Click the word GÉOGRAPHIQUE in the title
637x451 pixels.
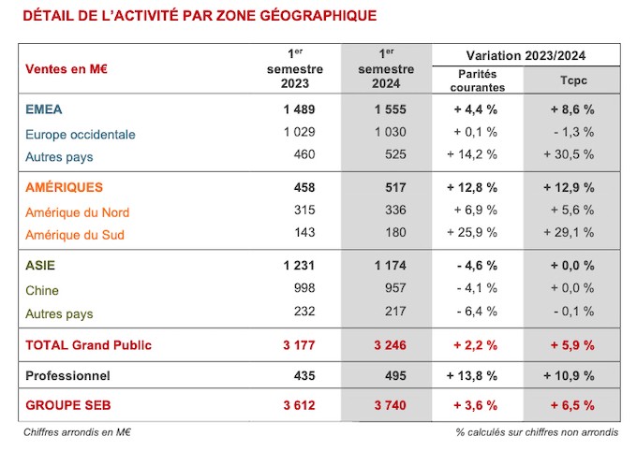(318, 15)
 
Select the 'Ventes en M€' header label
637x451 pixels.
(67, 69)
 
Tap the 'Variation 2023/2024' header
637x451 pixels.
(526, 55)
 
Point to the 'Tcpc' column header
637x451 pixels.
(573, 80)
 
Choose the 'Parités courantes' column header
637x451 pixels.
(478, 80)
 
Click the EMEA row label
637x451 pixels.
(44, 109)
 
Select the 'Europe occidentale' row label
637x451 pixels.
(81, 135)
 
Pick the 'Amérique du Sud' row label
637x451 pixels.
(75, 235)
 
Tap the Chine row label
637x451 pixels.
(42, 291)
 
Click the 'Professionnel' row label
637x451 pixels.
(67, 375)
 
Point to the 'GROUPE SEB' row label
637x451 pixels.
(67, 405)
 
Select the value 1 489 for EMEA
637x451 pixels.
(299, 109)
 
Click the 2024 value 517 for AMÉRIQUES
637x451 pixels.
(395, 187)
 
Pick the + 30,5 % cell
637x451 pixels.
(569, 154)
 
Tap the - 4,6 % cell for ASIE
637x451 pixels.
(477, 266)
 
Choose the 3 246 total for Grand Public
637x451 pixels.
(390, 345)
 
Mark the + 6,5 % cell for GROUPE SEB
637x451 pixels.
(572, 405)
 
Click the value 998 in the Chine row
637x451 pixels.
(304, 288)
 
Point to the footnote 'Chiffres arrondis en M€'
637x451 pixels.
(77, 432)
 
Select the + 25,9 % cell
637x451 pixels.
(472, 232)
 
